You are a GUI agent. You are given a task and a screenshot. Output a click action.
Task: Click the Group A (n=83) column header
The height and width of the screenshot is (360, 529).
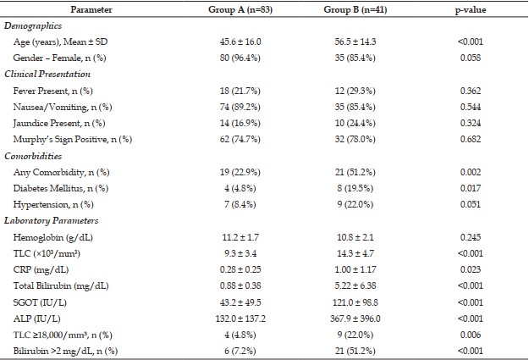240,9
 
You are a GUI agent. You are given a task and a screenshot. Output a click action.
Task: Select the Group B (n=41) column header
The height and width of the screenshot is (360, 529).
355,9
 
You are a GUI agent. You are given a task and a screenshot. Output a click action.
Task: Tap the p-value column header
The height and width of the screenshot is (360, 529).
471,10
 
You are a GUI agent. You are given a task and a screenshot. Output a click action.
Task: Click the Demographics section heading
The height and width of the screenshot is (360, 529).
33,26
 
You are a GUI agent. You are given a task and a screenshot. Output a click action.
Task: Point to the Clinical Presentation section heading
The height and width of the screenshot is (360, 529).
47,74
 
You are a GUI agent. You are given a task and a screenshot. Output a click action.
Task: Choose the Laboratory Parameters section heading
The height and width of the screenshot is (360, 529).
52,221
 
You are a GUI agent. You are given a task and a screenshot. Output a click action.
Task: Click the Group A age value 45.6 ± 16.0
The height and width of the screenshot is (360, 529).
240,42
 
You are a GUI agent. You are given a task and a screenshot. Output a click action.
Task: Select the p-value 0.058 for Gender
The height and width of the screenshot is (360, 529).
471,58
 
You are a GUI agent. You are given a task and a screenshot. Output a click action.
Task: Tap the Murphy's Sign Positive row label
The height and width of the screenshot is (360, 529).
73,139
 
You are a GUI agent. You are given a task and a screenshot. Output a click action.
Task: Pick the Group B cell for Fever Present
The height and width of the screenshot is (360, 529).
355,91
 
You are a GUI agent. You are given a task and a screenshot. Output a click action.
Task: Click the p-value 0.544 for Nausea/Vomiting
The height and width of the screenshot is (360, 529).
471,107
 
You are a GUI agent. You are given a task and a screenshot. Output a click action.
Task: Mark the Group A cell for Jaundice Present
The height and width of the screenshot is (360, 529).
240,123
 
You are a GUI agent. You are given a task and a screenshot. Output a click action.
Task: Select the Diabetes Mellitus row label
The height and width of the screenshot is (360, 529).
61,188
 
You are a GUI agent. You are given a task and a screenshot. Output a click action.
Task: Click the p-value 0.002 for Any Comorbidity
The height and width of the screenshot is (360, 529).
471,172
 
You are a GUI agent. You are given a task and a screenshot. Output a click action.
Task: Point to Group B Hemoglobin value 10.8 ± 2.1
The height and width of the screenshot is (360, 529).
355,237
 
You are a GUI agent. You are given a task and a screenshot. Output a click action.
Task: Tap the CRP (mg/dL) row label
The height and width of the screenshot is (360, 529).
41,270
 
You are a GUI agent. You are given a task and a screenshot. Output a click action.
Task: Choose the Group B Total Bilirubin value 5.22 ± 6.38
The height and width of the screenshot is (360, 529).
355,285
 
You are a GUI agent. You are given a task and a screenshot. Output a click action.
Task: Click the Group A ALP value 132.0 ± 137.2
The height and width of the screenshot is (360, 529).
240,318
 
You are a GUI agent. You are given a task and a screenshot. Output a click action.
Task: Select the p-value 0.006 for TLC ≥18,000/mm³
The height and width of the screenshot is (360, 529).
471,335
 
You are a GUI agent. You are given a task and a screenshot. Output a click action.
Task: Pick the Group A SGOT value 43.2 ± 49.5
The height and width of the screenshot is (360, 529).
240,302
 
